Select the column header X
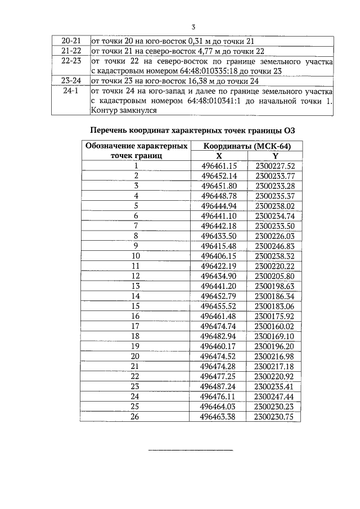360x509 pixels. pyautogui.click(x=219, y=156)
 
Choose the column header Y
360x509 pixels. pyautogui.click(x=275, y=156)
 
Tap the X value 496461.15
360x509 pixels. pyautogui.click(x=219, y=165)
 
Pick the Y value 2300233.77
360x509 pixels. pyautogui.click(x=275, y=175)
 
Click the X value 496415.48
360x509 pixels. pyautogui.click(x=219, y=246)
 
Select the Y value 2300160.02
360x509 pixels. pyautogui.click(x=274, y=326)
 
